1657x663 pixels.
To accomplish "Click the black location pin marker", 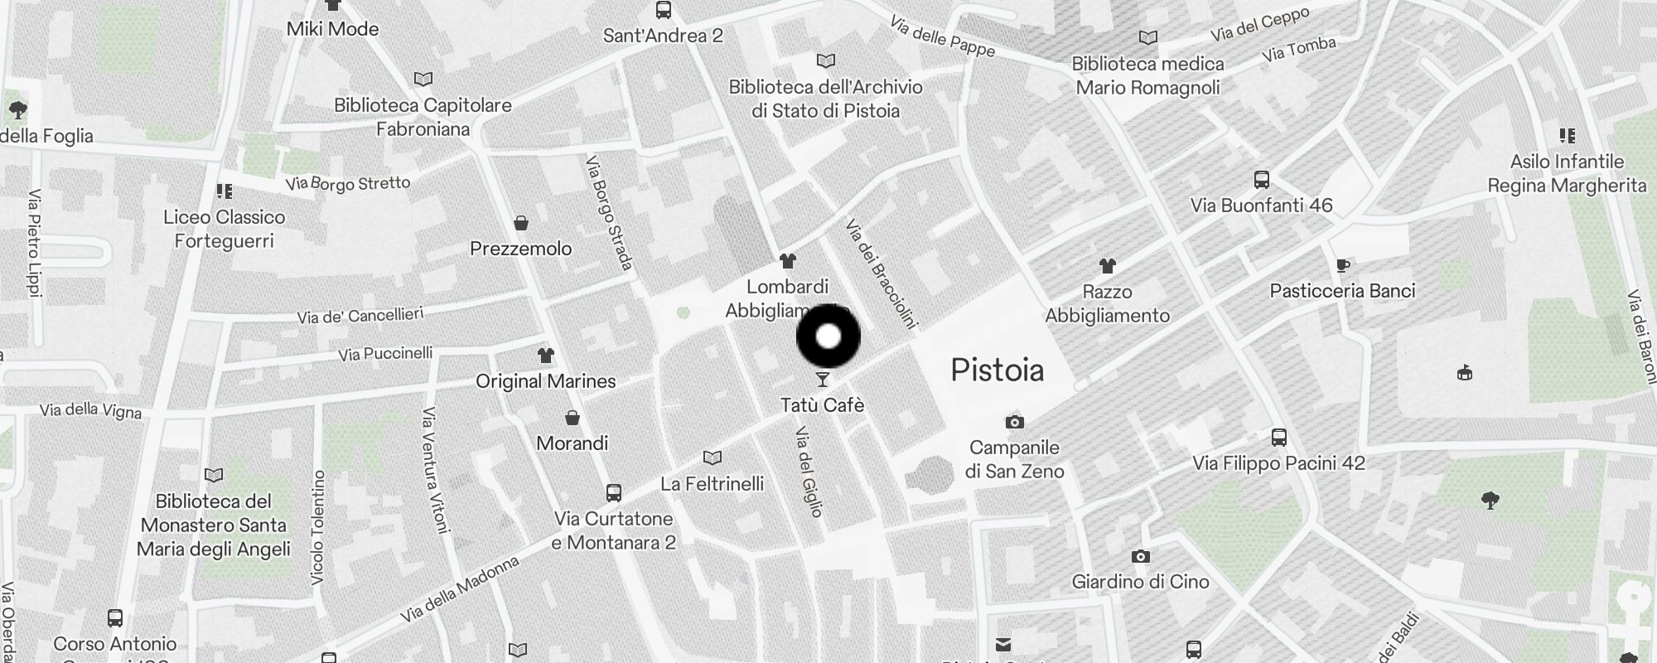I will pos(828,336).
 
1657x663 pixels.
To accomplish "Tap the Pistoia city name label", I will pos(997,370).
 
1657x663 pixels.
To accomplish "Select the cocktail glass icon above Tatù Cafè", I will pos(823,380).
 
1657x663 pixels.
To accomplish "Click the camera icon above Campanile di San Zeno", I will pos(1014,423).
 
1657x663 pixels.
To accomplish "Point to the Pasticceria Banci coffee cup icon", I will pos(1342,265).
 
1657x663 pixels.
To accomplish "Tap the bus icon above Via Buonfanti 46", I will pos(1261,180).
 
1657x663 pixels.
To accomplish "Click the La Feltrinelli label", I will pos(712,483).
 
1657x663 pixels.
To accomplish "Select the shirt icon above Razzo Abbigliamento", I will pos(1107,266).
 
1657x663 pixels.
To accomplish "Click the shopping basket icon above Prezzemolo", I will pos(521,223).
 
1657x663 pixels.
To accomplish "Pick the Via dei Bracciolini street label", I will pos(880,273).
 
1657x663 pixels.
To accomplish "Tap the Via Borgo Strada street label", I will pos(609,212).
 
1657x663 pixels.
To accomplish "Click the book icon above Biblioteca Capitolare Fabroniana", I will pos(423,80).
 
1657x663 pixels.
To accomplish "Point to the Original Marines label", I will pos(545,381).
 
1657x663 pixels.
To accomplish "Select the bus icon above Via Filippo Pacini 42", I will pos(1278,438).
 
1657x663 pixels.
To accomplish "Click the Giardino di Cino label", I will pos(1140,582).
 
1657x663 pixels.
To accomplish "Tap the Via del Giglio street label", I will pos(809,472).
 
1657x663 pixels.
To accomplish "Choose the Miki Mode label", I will pos(332,29).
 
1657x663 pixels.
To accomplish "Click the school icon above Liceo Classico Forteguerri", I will pos(224,192).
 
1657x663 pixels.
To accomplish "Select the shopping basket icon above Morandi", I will pos(572,418).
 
